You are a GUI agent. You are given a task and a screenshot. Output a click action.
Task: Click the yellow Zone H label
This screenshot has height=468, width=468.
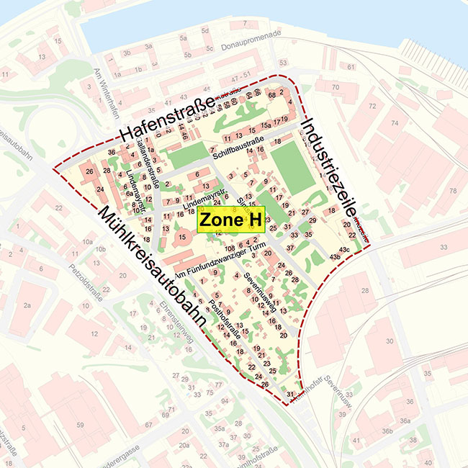click(x=231, y=219)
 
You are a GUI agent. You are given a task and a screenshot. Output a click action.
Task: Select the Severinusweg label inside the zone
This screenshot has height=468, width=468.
click(x=258, y=290)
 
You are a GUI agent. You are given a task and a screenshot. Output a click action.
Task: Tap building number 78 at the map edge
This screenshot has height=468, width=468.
click(x=453, y=191)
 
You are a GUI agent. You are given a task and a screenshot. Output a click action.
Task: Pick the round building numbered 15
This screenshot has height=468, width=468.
click(x=182, y=237)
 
